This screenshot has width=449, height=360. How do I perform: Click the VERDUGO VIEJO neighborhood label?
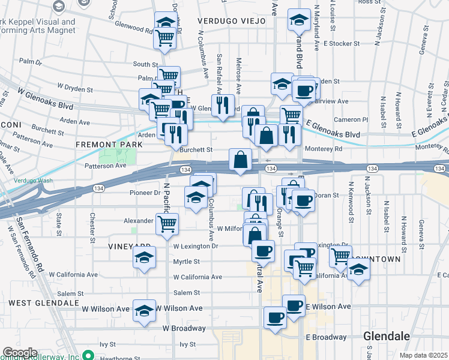(x=232, y=21)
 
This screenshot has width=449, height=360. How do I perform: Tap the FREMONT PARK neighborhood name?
(x=109, y=145)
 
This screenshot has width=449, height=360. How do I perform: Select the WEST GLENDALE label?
(x=44, y=303)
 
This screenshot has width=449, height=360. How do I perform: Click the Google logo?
(x=19, y=353)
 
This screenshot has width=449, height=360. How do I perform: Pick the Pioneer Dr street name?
(x=145, y=193)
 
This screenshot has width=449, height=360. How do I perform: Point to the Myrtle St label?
(x=187, y=262)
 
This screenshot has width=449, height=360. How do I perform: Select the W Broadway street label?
(x=184, y=328)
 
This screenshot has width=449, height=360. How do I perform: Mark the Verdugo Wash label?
(x=35, y=180)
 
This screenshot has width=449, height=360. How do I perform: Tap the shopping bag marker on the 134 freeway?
(x=240, y=161)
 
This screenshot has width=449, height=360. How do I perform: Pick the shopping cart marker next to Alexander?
(x=167, y=224)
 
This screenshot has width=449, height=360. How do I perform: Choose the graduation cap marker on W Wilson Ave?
(x=143, y=311)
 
